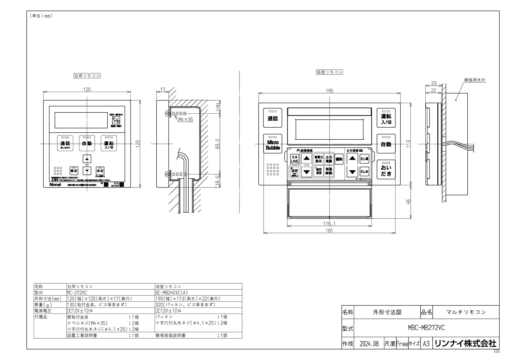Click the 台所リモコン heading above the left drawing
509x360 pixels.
click(87, 76)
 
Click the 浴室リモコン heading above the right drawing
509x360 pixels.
click(329, 72)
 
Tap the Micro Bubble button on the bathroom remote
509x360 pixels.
click(273, 145)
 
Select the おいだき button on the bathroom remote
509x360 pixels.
click(386, 171)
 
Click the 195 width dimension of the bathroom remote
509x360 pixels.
click(330, 91)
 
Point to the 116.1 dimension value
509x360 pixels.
click(329, 223)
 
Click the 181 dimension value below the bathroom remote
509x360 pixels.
click(329, 230)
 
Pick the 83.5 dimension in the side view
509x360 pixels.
click(218, 144)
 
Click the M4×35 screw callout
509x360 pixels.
click(185, 120)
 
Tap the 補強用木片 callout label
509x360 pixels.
click(475, 81)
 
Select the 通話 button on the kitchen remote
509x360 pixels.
click(65, 144)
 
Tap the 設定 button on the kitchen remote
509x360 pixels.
click(74, 171)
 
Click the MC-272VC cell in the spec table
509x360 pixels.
click(77, 292)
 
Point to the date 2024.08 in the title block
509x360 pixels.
click(369, 344)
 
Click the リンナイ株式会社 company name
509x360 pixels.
click(465, 343)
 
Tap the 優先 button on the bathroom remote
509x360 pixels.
click(339, 159)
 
